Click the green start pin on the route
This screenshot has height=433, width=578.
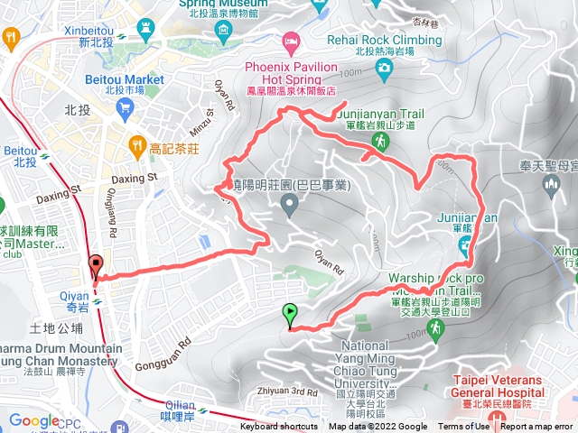[x=290, y=315]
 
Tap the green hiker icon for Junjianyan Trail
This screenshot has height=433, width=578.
[x=380, y=143]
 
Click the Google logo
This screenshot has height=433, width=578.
[x=34, y=420]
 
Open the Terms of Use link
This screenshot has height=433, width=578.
[x=463, y=427]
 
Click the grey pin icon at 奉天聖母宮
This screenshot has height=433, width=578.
[x=550, y=185]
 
